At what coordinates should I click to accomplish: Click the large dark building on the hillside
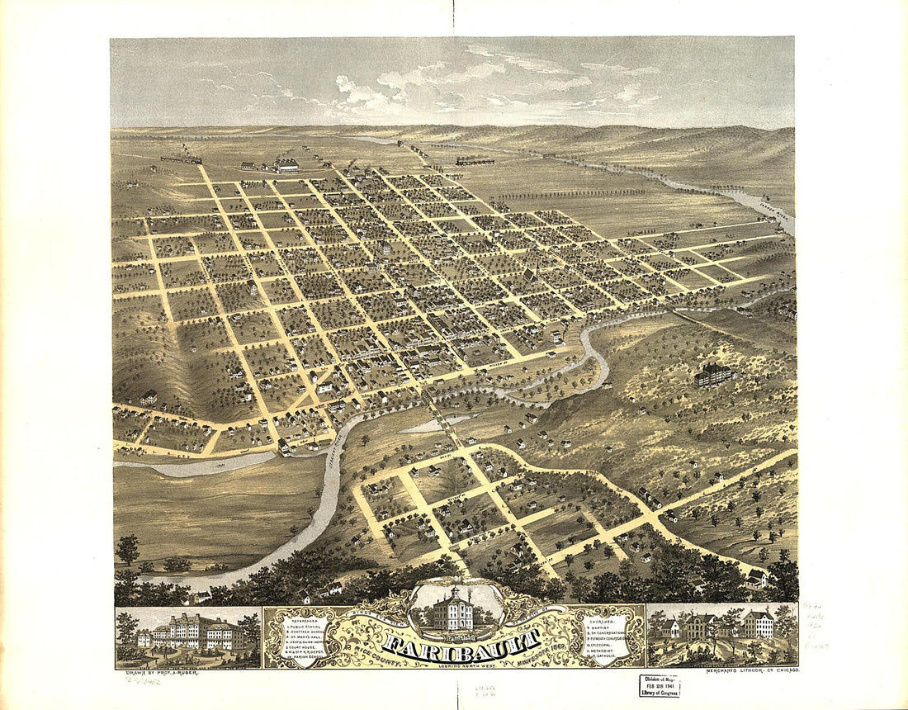715,375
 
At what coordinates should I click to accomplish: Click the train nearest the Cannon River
475,162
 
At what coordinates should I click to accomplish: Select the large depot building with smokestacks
286,165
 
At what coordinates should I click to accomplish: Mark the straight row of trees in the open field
570,194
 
